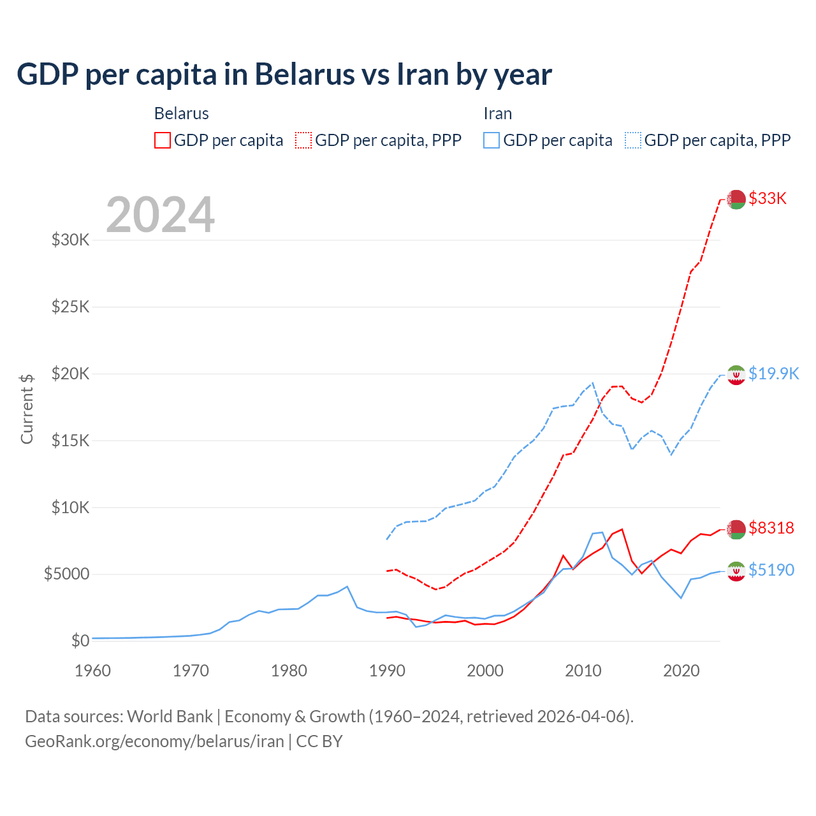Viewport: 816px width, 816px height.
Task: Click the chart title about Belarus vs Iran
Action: point(284,75)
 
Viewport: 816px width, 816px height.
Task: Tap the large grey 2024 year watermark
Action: point(160,215)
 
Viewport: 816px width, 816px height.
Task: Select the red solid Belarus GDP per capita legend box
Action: point(163,140)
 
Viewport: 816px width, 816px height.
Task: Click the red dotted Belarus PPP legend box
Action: point(303,140)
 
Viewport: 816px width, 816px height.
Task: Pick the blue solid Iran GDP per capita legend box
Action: point(492,140)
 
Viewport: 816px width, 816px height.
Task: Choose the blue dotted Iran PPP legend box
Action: point(633,140)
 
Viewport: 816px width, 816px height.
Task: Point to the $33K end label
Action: point(768,198)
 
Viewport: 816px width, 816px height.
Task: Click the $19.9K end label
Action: point(773,374)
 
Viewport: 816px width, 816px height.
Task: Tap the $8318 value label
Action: point(771,528)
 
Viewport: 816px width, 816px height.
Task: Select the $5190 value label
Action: point(771,570)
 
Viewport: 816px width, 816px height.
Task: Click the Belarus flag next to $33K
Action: point(736,199)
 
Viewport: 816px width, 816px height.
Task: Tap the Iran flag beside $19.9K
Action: point(736,375)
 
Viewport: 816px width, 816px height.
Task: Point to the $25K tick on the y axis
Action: point(71,307)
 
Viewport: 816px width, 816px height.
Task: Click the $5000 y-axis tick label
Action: point(66,574)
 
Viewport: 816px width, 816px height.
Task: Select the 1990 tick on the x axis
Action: point(387,671)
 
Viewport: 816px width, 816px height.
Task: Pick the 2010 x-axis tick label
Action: point(583,671)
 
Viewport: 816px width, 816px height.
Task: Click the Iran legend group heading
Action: point(498,113)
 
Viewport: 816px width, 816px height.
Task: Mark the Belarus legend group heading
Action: point(182,113)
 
